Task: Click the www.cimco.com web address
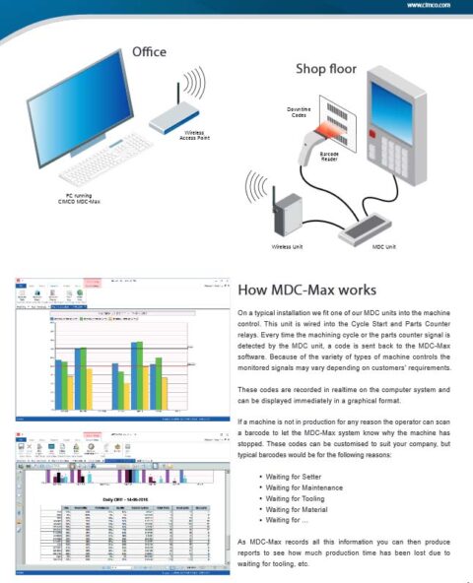(x=429, y=5)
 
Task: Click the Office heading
(x=150, y=51)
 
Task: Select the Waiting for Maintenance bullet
(x=309, y=488)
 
